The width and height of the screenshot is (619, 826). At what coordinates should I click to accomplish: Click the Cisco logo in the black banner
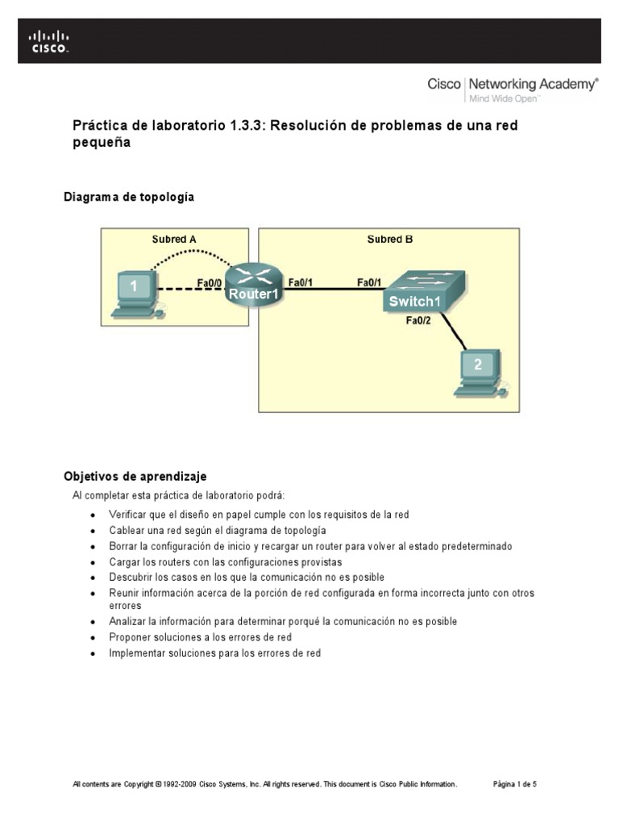pos(50,41)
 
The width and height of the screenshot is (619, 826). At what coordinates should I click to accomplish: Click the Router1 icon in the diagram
pos(253,286)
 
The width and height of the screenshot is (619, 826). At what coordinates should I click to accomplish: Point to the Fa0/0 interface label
pos(210,282)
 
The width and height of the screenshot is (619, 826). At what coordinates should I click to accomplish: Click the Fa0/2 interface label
pos(419,321)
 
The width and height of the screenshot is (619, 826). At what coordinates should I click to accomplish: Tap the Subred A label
pos(174,239)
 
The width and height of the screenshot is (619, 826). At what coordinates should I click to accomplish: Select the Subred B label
pos(390,239)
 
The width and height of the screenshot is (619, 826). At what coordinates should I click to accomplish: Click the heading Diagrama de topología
pos(129,197)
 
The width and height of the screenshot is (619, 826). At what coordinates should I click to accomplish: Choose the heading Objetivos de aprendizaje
pos(135,477)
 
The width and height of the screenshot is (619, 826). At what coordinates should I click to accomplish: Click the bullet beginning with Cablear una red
pos(218,530)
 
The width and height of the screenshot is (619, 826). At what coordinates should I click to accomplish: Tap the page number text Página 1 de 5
pos(514,783)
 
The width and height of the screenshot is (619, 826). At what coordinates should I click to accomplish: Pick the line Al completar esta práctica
pos(178,494)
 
